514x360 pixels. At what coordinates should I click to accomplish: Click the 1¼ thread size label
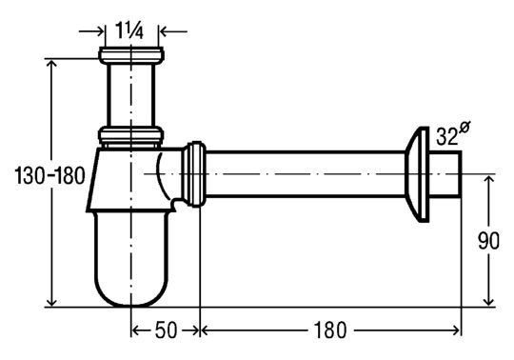click(x=129, y=31)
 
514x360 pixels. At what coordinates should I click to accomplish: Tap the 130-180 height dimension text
click(x=49, y=175)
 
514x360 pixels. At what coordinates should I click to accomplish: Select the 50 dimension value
click(x=166, y=330)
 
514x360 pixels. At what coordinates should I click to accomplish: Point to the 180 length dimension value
click(x=330, y=330)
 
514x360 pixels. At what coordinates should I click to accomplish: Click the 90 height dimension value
click(x=488, y=241)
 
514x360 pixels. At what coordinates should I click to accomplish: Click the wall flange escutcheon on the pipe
click(x=417, y=174)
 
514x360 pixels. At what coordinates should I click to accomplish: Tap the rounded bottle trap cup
click(x=131, y=259)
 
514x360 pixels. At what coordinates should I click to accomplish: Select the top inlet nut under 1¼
click(x=131, y=55)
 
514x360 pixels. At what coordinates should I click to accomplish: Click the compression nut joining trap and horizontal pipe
click(x=194, y=174)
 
